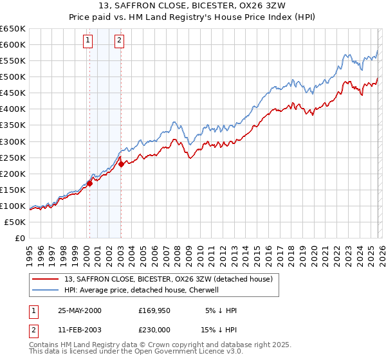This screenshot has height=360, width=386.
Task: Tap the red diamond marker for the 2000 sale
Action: [x=90, y=183]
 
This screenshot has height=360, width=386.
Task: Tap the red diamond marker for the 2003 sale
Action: [x=121, y=164]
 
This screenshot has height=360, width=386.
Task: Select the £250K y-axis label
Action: [x=14, y=157]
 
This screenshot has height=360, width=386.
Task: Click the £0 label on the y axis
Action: [x=19, y=238]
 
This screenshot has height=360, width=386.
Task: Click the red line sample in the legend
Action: [x=46, y=279]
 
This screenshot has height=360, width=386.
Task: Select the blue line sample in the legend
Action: [x=46, y=290]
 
